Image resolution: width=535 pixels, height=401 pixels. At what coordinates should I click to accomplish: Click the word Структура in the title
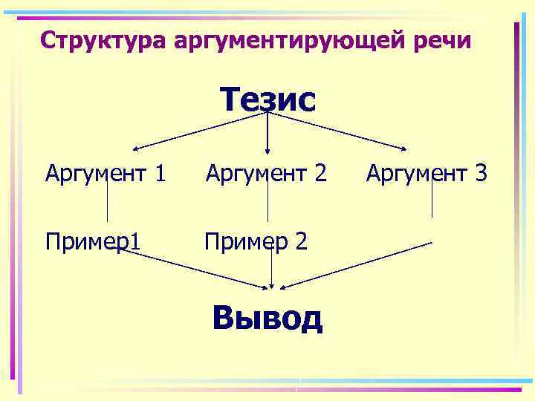pyautogui.click(x=103, y=40)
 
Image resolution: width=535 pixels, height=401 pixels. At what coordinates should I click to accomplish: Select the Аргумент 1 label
pyautogui.click(x=105, y=175)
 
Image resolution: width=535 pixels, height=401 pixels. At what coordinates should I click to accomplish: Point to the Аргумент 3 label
pyautogui.click(x=427, y=175)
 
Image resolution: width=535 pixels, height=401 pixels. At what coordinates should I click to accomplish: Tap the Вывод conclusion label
pyautogui.click(x=267, y=318)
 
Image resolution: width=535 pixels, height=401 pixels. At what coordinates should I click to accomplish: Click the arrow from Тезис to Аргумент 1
pyautogui.click(x=201, y=131)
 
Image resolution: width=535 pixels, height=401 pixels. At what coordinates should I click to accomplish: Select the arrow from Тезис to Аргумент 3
pyautogui.click(x=338, y=131)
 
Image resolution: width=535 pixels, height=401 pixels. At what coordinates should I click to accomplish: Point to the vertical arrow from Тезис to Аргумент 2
pyautogui.click(x=267, y=134)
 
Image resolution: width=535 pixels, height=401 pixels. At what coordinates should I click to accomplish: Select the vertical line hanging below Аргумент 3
pyautogui.click(x=432, y=199)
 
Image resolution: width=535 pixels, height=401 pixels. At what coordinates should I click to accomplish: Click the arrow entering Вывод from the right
pyautogui.click(x=357, y=265)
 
